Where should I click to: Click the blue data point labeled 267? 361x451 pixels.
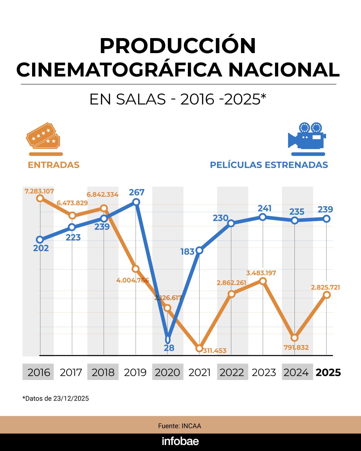pyautogui.click(x=136, y=202)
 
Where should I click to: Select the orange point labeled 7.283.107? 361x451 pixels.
pyautogui.click(x=40, y=198)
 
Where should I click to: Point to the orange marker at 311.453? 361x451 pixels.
pyautogui.click(x=199, y=348)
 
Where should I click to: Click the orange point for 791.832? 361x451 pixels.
pyautogui.click(x=294, y=337)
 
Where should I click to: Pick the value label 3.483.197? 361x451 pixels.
pyautogui.click(x=261, y=273)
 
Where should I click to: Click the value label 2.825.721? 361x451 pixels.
pyautogui.click(x=325, y=287)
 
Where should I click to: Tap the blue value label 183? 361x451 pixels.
pyautogui.click(x=187, y=252)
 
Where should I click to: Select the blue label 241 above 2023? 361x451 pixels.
pyautogui.click(x=264, y=208)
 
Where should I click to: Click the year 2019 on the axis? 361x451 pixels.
pyautogui.click(x=135, y=372)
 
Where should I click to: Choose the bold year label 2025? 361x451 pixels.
pyautogui.click(x=328, y=372)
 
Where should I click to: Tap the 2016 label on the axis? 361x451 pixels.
pyautogui.click(x=39, y=372)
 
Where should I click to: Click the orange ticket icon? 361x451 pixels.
pyautogui.click(x=43, y=136)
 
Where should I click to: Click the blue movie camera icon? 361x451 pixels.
pyautogui.click(x=307, y=136)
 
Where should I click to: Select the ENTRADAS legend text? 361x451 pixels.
pyautogui.click(x=53, y=165)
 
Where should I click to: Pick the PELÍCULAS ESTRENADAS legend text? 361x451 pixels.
pyautogui.click(x=269, y=165)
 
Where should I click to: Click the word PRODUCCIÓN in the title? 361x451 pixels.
pyautogui.click(x=178, y=46)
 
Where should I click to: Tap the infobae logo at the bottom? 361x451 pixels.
pyautogui.click(x=180, y=441)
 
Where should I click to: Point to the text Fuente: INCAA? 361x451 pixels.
pyautogui.click(x=179, y=426)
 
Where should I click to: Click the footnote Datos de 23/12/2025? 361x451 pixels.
pyautogui.click(x=56, y=398)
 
